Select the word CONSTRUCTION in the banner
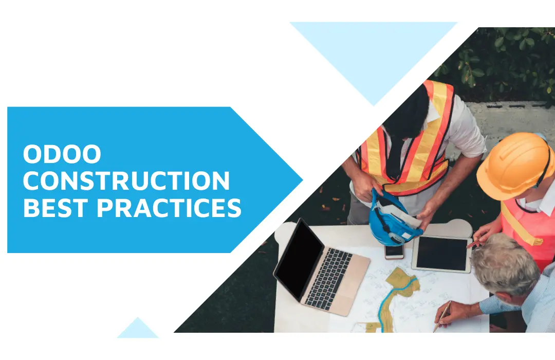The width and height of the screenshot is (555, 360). click(x=127, y=182)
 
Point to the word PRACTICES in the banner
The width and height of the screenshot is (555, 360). click(x=169, y=208)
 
